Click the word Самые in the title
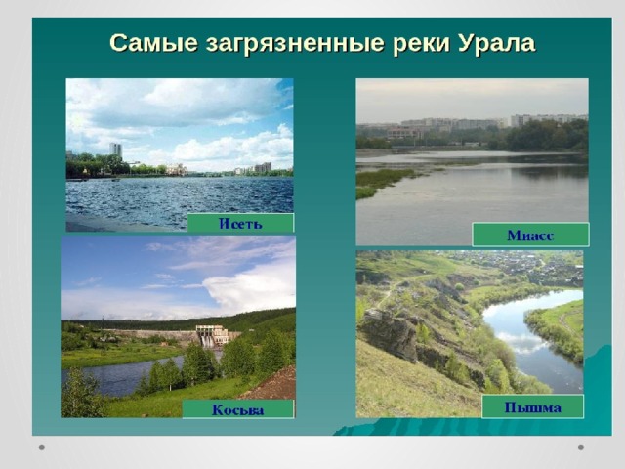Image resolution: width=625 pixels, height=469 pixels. coord(153,43)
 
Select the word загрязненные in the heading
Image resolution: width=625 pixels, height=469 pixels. coord(295,44)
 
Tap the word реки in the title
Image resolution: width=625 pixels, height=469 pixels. coord(422,44)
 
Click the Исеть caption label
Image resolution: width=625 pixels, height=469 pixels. coord(240,223)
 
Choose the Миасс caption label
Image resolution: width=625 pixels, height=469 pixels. coord(530,234)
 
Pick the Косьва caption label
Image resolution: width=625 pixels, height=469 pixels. coord(238,409)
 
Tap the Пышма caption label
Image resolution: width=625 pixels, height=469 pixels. coord(533,406)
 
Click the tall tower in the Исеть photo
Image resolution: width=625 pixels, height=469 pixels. coord(115,149)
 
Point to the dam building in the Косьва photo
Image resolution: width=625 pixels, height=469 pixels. coord(212,336)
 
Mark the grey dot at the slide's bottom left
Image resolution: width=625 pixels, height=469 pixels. coord(42,448)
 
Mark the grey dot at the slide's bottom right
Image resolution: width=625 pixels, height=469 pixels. coord(581,448)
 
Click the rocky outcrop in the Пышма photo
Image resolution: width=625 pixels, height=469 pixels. coord(389,334)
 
